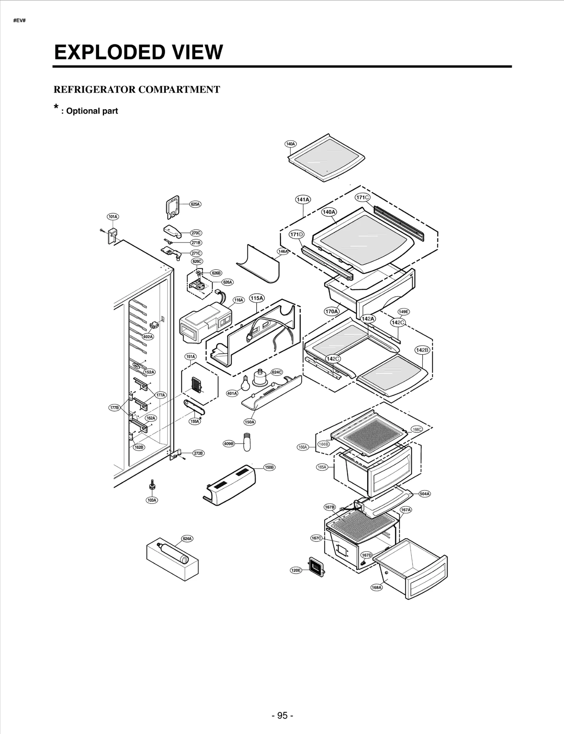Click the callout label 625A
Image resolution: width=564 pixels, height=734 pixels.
[195, 204]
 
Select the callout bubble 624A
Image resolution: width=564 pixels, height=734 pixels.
[187, 538]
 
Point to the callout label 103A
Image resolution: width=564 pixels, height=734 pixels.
[152, 500]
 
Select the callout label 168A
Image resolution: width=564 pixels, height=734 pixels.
[376, 587]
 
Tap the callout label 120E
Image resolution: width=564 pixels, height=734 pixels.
[296, 570]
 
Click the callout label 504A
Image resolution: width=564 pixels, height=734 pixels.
[424, 494]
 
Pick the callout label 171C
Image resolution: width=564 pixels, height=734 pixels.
[362, 197]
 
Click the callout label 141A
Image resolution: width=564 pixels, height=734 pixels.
[303, 199]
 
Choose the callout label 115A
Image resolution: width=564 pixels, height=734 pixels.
[257, 298]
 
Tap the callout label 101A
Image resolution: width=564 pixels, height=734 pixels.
[113, 217]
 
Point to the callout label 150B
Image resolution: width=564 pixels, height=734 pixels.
[269, 467]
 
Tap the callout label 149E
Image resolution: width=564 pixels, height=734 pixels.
[403, 312]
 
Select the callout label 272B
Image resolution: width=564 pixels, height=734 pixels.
[198, 453]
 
